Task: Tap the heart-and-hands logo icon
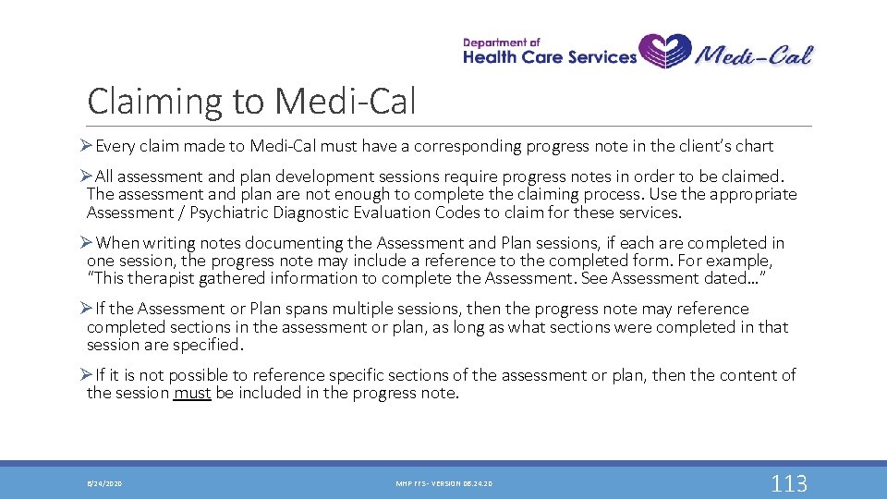(x=664, y=52)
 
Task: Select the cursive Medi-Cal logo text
(x=753, y=53)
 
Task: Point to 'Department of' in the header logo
(x=501, y=42)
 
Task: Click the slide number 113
(x=789, y=482)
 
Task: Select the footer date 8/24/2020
(x=104, y=483)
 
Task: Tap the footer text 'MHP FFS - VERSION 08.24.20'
(x=443, y=483)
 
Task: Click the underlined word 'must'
(x=192, y=393)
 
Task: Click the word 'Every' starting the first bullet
(x=116, y=146)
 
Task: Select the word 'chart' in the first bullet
(x=752, y=146)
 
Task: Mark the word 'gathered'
(x=234, y=278)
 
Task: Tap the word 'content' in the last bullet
(x=746, y=375)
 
